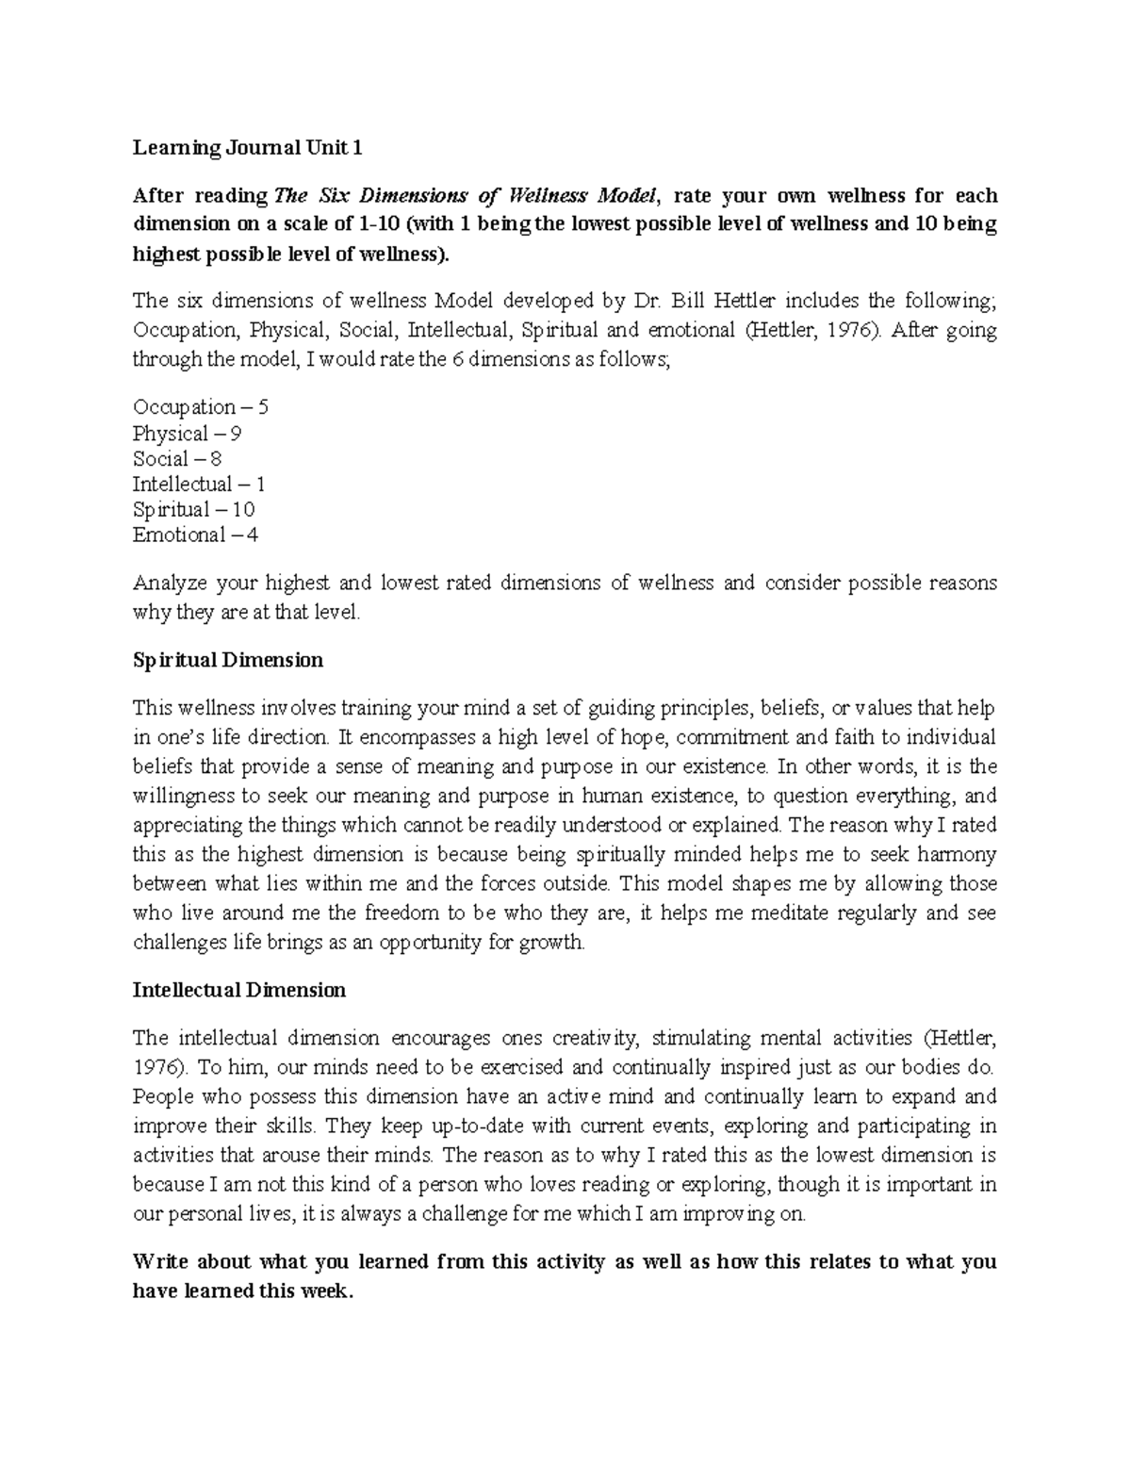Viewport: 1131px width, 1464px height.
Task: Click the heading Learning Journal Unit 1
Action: click(247, 148)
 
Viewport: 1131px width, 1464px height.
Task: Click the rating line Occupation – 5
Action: click(201, 408)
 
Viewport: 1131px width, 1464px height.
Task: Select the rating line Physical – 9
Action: click(188, 434)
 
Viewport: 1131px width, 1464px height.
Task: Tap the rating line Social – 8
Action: click(178, 459)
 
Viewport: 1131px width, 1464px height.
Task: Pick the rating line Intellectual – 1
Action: click(199, 485)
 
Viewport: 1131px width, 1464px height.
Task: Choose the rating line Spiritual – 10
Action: click(194, 510)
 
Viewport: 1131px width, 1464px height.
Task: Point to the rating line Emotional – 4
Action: click(195, 535)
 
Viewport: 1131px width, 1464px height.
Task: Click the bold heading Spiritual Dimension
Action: click(228, 660)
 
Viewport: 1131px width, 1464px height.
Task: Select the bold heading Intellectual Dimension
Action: click(239, 991)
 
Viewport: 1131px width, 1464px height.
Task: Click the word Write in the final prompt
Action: click(161, 1262)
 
